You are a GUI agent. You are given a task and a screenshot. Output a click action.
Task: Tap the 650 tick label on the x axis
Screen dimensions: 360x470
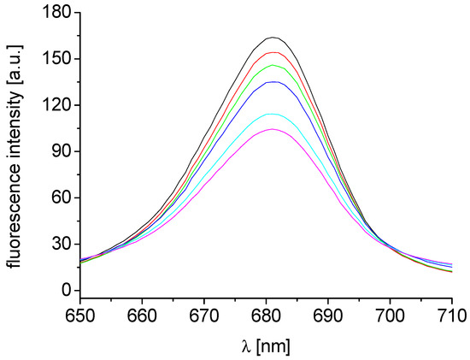point(79,314)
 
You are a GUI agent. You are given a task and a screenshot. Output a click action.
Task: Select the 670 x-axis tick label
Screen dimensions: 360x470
point(203,314)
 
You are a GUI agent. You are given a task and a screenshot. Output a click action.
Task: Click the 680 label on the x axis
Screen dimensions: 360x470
point(266,314)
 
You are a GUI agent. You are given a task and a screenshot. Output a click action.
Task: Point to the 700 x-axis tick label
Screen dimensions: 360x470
point(391,314)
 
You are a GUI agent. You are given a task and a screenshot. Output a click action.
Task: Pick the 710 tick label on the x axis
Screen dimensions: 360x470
point(451,314)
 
